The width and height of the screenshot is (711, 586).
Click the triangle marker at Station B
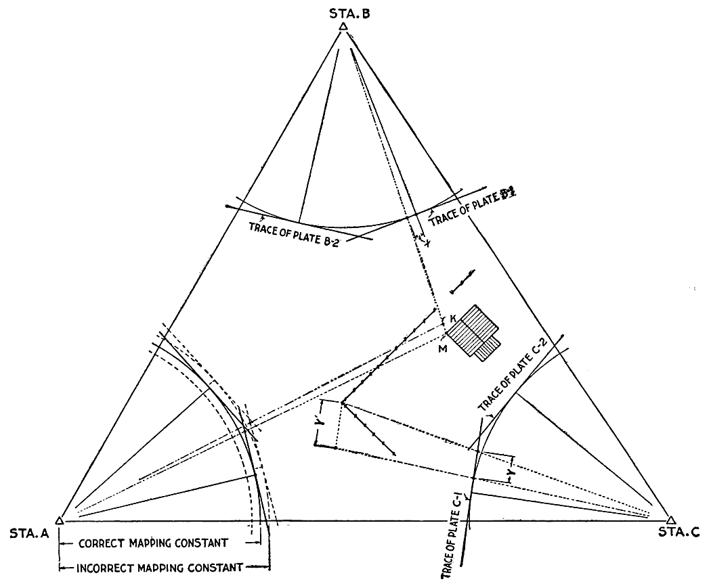coord(343,26)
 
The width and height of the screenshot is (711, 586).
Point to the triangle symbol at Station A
coord(60,520)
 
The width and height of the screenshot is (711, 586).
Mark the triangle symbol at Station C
coord(670,520)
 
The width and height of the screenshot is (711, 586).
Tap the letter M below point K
coord(444,348)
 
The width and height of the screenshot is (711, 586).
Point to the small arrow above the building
coord(462,280)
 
